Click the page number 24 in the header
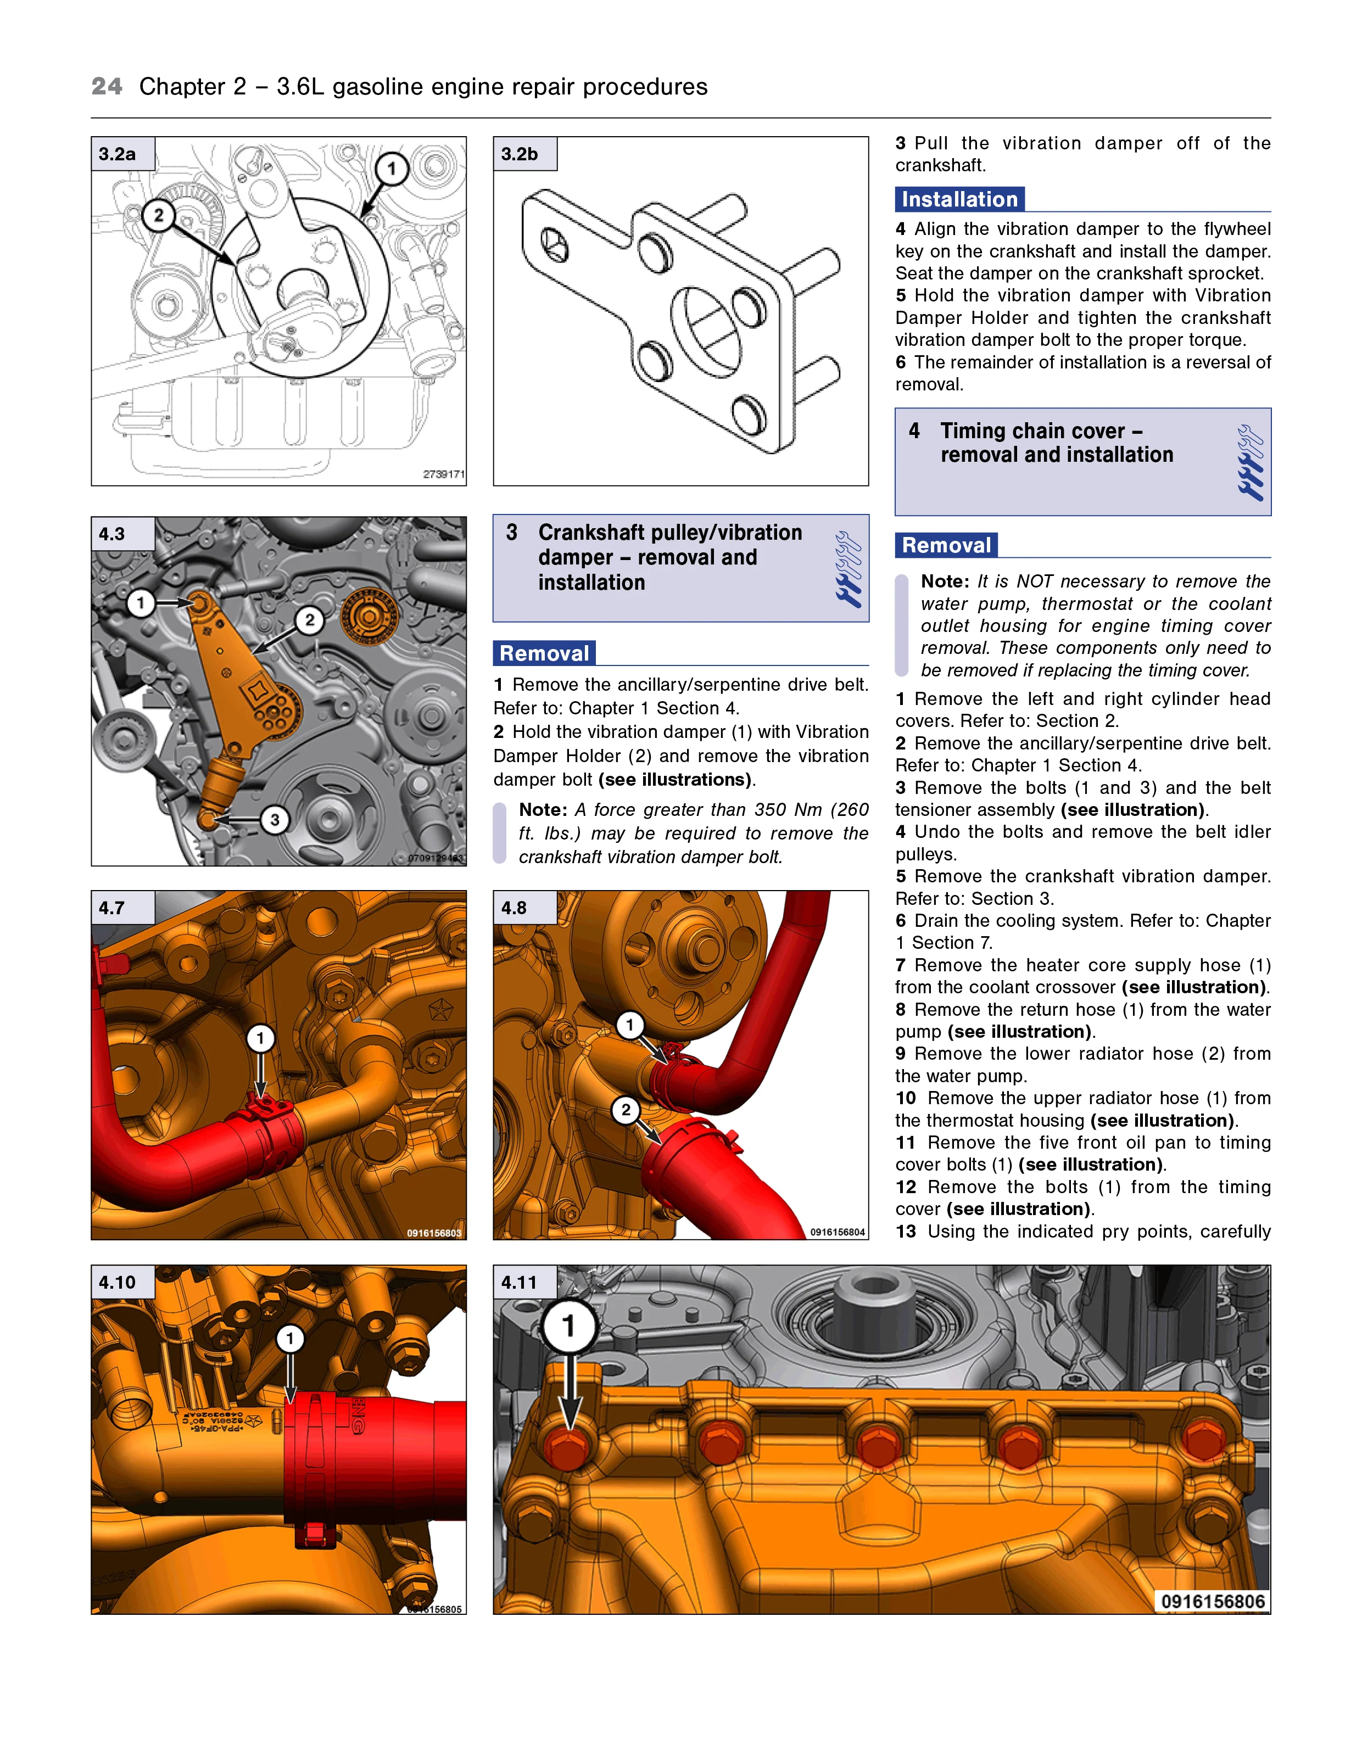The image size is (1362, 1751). [107, 87]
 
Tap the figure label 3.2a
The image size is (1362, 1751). [117, 154]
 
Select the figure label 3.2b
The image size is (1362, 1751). [520, 154]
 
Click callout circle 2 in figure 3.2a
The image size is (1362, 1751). [159, 215]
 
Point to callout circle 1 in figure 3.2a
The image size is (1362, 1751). [392, 169]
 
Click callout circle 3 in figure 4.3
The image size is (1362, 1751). [275, 819]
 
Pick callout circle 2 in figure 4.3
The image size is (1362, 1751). [310, 620]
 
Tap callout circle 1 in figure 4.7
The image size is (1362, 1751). [260, 1039]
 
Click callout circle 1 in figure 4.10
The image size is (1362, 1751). [291, 1338]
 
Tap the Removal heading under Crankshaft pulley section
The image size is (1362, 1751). [545, 653]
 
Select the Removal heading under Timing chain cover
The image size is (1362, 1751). [946, 545]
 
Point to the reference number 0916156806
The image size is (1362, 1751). [1213, 1601]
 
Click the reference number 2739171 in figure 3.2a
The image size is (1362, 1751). [444, 474]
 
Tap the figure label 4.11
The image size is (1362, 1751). [519, 1282]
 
